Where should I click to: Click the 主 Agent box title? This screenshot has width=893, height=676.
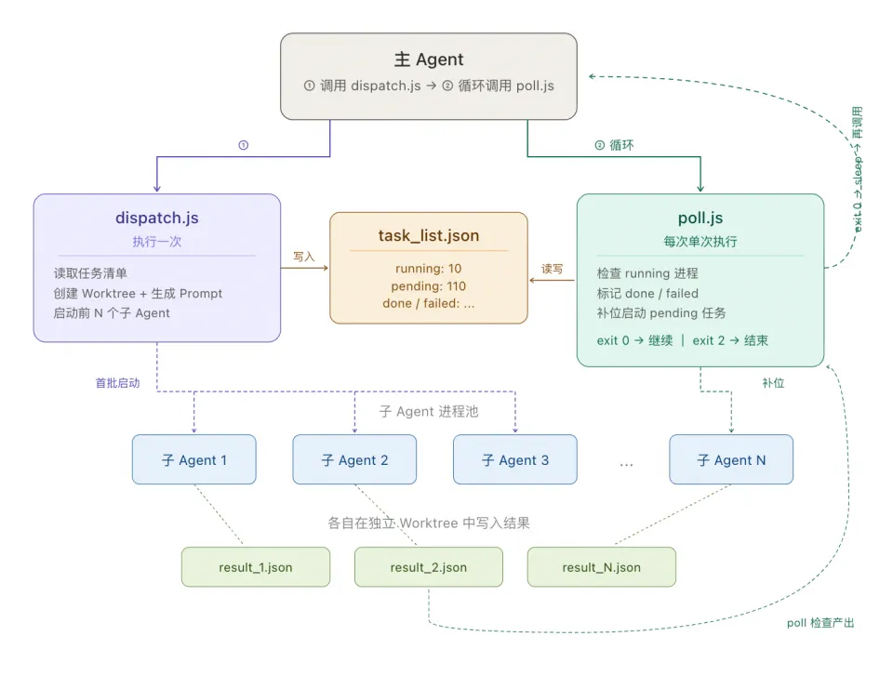(x=429, y=60)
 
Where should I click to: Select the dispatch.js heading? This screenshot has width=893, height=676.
(x=156, y=219)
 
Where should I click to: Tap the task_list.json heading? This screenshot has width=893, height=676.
(x=429, y=235)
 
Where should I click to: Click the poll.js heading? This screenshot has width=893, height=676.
(x=700, y=219)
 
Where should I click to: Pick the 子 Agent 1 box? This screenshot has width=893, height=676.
(x=193, y=459)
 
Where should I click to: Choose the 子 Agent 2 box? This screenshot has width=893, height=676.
(x=354, y=459)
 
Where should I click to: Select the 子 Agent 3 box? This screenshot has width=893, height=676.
(x=514, y=459)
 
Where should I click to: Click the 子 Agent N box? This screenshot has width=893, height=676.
(x=731, y=459)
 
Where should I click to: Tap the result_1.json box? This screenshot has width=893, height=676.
(x=256, y=567)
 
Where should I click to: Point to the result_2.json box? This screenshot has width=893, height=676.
(x=429, y=567)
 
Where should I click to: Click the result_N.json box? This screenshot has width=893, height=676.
(x=602, y=567)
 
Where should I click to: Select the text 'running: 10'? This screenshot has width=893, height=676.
(x=429, y=269)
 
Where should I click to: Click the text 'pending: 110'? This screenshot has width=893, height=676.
(x=429, y=285)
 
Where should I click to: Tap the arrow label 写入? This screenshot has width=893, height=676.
(x=304, y=256)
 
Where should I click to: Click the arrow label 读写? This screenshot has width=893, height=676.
(x=553, y=269)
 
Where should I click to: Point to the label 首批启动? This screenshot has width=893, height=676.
(x=118, y=382)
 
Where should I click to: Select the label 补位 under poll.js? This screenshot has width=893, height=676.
(x=773, y=382)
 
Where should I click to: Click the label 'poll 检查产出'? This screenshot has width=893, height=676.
(x=820, y=622)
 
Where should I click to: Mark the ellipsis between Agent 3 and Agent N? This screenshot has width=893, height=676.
(x=626, y=462)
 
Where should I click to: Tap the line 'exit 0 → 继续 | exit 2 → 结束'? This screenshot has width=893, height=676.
(x=683, y=340)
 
